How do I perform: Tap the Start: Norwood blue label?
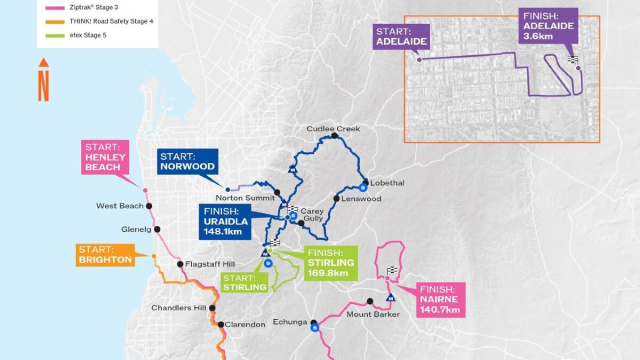click(186, 162)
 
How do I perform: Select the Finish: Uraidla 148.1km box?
click(222, 222)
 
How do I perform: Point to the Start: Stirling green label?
click(244, 281)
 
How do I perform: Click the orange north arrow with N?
click(43, 80)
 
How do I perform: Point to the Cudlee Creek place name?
click(334, 129)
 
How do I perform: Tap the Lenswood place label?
click(361, 199)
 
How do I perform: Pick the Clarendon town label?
click(245, 324)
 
